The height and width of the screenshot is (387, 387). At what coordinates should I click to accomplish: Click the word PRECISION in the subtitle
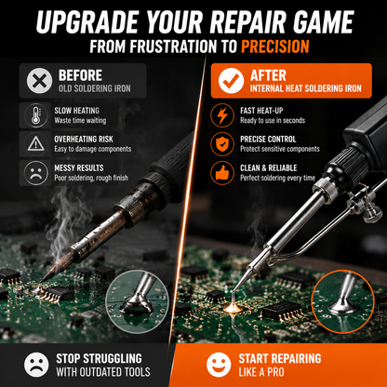click(x=275, y=47)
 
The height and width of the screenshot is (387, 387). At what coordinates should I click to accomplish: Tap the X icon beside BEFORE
click(x=39, y=81)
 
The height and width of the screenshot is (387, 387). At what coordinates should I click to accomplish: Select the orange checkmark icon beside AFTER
click(x=231, y=81)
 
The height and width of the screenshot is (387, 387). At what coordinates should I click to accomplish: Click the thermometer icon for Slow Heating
click(x=36, y=115)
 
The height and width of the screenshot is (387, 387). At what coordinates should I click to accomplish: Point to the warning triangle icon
click(x=36, y=144)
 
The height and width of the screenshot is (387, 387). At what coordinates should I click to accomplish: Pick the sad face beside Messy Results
click(x=36, y=173)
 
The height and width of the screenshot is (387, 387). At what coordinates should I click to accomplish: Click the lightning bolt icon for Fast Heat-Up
click(x=222, y=115)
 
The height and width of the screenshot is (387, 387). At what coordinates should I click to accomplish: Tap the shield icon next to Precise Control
click(x=222, y=144)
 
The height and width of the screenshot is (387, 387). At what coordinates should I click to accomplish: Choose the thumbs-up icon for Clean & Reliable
click(x=222, y=173)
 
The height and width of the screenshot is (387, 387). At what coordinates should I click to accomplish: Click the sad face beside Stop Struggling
click(x=36, y=365)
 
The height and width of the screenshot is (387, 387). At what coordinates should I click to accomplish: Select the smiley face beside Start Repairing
click(x=219, y=365)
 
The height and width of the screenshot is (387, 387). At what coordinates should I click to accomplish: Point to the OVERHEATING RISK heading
click(x=84, y=140)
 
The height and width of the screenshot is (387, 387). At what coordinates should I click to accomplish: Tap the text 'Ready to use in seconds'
click(x=273, y=120)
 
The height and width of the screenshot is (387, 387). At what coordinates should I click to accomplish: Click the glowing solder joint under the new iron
click(x=233, y=308)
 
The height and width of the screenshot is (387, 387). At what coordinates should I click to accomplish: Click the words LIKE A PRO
click(x=261, y=372)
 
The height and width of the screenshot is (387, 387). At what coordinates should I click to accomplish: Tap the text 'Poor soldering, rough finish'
click(x=91, y=178)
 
